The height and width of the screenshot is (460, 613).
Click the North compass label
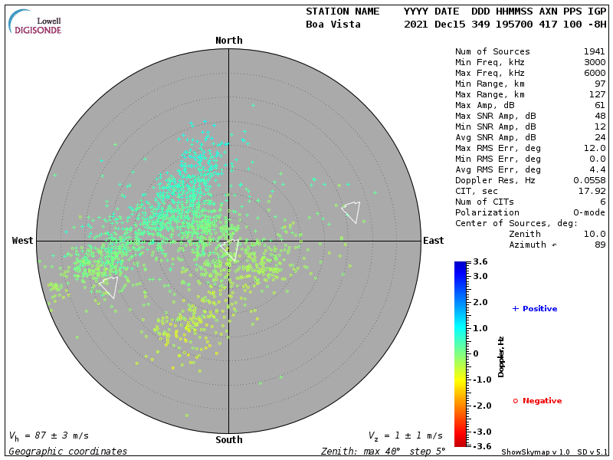click(228, 41)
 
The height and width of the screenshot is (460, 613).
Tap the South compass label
click(228, 440)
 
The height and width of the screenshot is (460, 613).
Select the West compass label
click(23, 241)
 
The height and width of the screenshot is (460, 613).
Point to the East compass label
click(433, 241)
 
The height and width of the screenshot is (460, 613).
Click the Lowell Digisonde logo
click(36, 22)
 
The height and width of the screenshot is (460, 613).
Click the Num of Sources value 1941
click(594, 52)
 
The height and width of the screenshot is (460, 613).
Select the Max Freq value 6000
click(594, 73)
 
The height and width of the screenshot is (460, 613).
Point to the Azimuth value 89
click(599, 245)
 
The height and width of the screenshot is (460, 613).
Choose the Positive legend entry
click(534, 309)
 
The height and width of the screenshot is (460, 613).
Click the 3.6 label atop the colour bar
click(479, 262)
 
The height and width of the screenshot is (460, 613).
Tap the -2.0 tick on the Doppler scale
click(480, 406)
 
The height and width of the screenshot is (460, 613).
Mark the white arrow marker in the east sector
click(351, 211)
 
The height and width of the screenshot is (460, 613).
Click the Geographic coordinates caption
click(68, 452)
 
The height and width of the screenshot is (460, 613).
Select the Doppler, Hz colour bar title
click(501, 356)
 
